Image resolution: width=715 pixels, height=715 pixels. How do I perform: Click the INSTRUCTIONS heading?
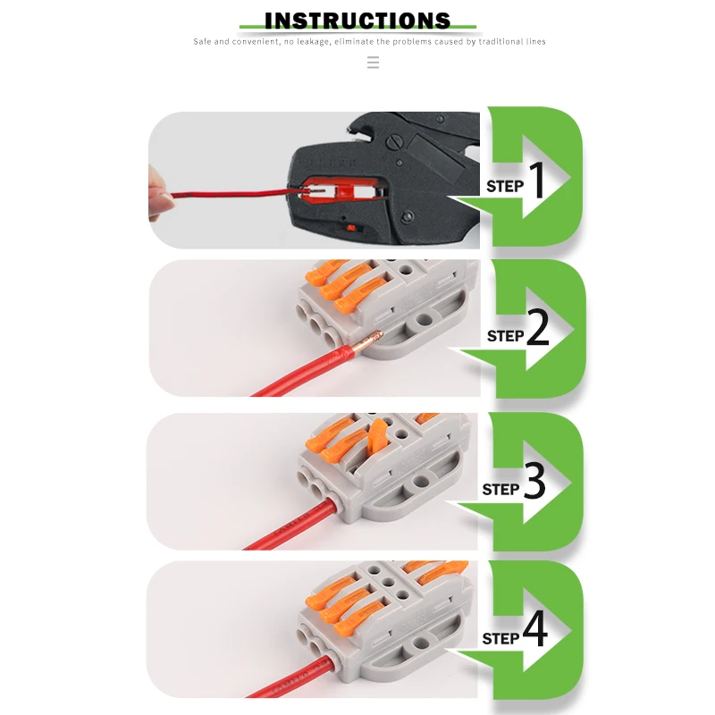tap(357, 21)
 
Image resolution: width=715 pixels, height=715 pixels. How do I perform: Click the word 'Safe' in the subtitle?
tap(203, 42)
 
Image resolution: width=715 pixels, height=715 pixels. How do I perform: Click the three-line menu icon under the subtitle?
tap(373, 62)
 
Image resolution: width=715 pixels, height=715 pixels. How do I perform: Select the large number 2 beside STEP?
tap(538, 330)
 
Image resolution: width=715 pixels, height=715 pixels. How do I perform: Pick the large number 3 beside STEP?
tap(534, 483)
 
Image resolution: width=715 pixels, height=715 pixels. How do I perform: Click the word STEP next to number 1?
tap(505, 187)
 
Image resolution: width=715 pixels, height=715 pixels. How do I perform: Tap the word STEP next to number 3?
tap(500, 490)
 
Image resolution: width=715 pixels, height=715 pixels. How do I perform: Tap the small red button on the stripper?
tap(350, 228)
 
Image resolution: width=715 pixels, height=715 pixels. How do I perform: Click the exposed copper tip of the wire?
tap(369, 340)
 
